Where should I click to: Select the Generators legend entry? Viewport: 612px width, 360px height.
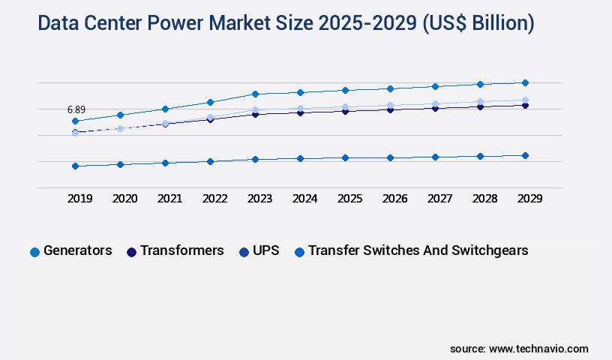tap(77, 250)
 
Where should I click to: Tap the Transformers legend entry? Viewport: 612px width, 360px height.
tap(181, 250)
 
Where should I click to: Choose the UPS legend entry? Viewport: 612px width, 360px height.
tap(265, 250)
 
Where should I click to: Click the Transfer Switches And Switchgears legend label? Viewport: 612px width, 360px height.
tap(418, 250)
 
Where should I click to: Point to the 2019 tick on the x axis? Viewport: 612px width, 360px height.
tap(79, 199)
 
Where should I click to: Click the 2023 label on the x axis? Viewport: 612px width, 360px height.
tap(259, 199)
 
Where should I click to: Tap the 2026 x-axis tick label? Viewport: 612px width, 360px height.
tap(394, 199)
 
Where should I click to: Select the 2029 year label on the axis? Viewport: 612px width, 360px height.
tap(529, 199)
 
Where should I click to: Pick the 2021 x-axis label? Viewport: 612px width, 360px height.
tap(169, 199)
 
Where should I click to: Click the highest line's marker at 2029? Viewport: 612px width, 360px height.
tap(525, 82)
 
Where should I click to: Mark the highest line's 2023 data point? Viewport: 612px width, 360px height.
tap(255, 94)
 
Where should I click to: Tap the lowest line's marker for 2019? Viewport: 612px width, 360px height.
tap(75, 166)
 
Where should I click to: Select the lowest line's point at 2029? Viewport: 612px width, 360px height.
tap(525, 155)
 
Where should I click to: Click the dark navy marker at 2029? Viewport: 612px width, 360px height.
tap(525, 106)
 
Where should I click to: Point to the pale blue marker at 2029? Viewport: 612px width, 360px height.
tap(525, 100)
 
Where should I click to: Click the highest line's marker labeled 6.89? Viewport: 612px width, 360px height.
tap(75, 121)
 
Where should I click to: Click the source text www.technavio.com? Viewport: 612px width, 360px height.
tap(538, 349)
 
